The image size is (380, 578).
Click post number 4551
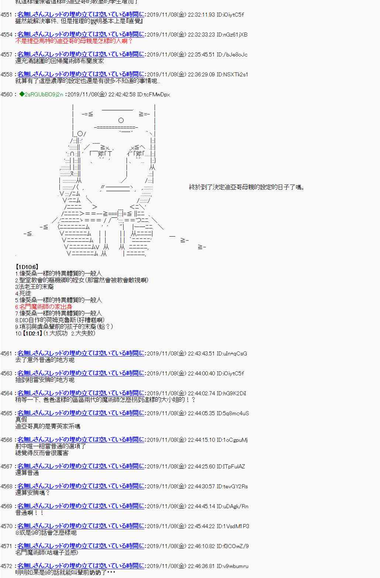coord(7,15)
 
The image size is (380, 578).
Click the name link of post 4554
coord(81,35)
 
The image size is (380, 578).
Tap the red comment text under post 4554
coord(74,41)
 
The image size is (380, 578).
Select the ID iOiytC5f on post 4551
coord(230,15)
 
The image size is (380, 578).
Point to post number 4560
coord(7,94)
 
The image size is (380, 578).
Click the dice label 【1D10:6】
coord(27,267)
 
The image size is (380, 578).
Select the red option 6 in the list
coord(44,307)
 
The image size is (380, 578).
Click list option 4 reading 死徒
coord(23,293)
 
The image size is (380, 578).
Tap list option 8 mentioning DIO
coord(60,320)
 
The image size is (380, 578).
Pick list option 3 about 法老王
coord(34,287)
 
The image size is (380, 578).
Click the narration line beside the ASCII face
coord(247,187)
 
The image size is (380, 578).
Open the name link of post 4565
coord(81,413)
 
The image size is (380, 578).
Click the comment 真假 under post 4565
coord(21,420)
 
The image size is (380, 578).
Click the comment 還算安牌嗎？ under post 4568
coord(32,493)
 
